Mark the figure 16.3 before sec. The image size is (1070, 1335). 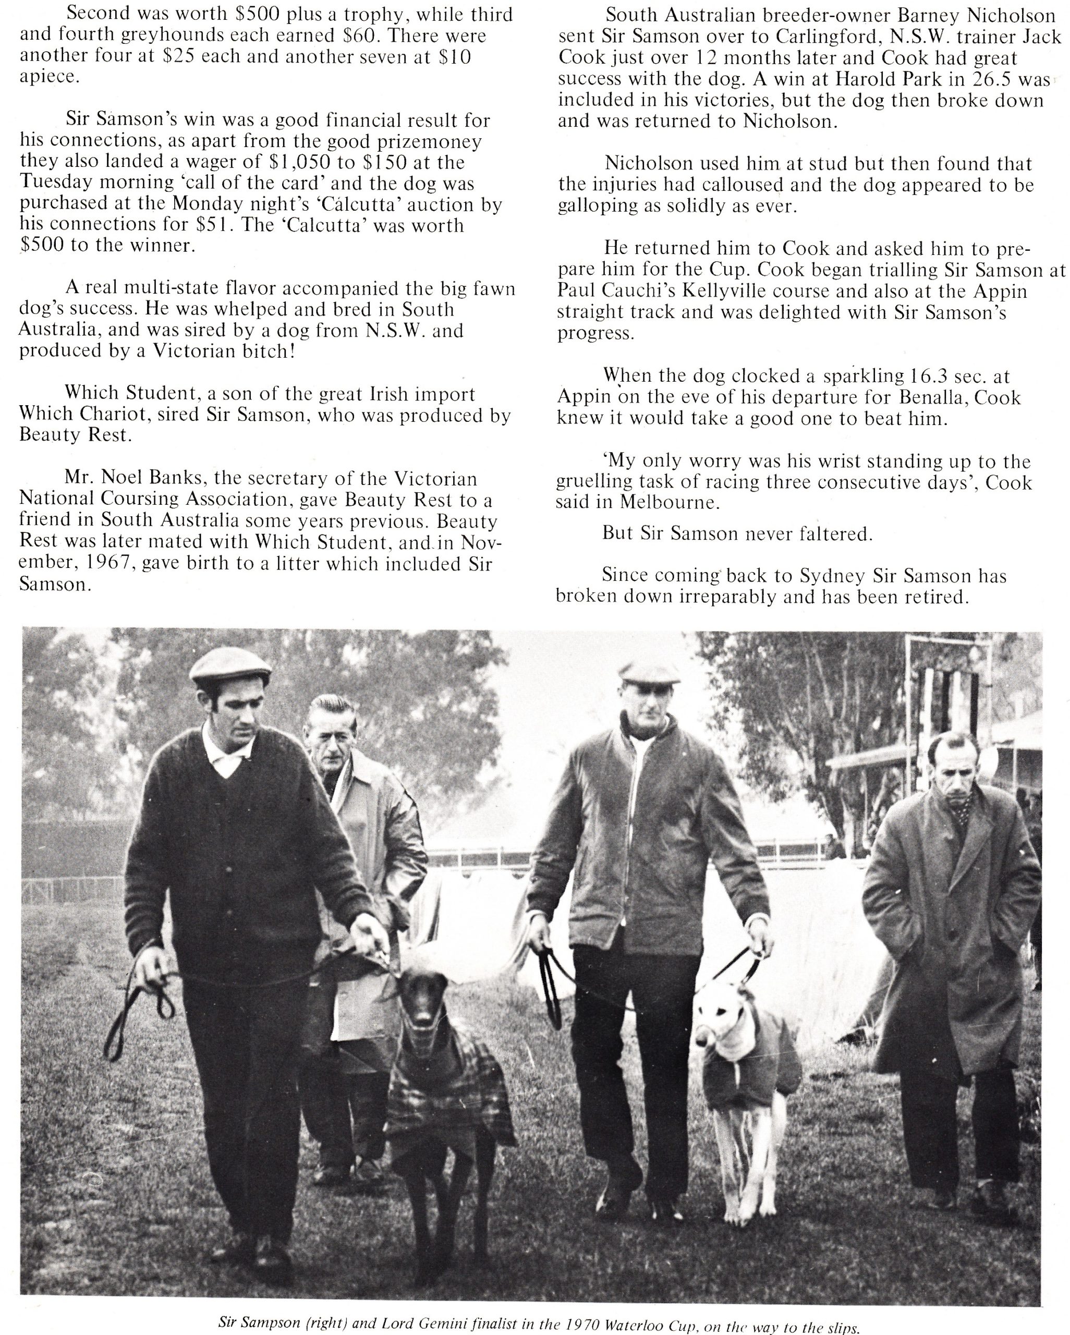pyautogui.click(x=932, y=376)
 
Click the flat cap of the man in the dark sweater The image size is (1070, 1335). pyautogui.click(x=230, y=671)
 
